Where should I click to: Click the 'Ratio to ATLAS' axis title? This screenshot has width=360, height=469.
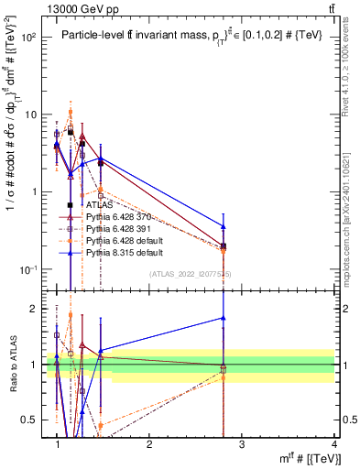pyautogui.click(x=12, y=365)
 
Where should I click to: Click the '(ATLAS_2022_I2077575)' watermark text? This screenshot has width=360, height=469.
pyautogui.click(x=190, y=274)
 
